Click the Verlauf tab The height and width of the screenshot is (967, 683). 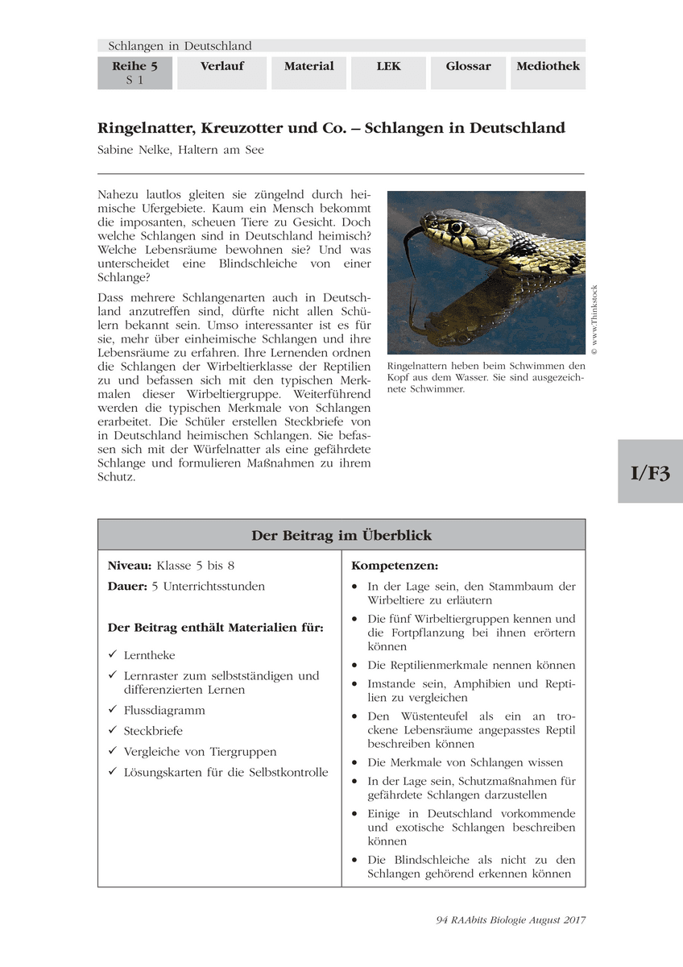221,67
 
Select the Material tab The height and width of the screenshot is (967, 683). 308,67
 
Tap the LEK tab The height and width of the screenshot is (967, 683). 388,67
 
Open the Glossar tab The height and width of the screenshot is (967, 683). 468,67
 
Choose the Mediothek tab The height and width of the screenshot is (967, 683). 548,67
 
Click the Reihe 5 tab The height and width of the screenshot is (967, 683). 135,73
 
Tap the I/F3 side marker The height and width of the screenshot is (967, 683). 650,472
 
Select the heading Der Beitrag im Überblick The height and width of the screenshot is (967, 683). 341,535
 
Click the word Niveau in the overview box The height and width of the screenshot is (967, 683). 130,566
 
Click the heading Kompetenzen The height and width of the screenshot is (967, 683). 395,567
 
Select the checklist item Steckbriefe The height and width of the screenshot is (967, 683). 153,731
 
